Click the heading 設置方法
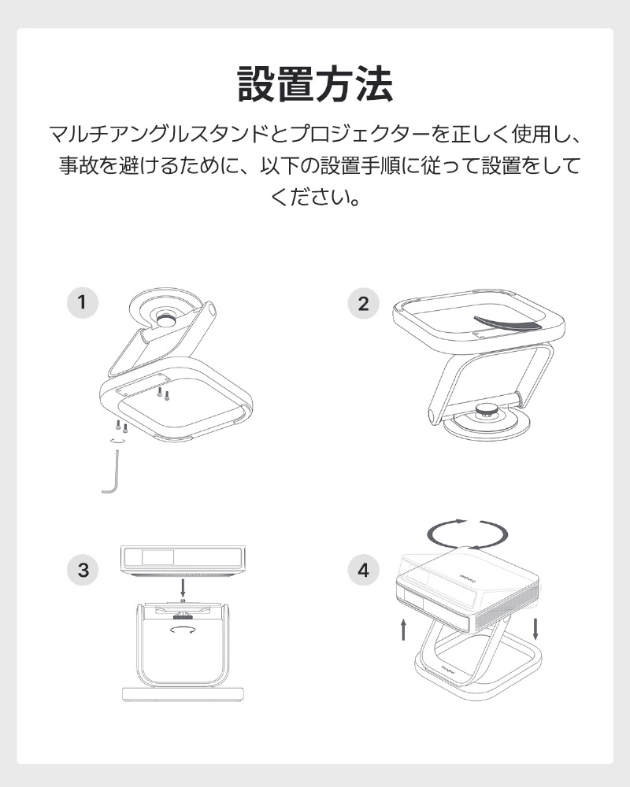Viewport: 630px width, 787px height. click(315, 84)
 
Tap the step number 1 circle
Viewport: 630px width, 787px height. click(83, 303)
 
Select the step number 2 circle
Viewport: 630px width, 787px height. click(363, 303)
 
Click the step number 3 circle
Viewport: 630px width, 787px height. click(83, 570)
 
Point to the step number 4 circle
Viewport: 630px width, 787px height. click(363, 570)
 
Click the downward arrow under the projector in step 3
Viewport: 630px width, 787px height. click(183, 588)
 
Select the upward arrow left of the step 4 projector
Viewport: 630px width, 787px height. click(403, 630)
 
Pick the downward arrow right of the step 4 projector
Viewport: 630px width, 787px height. click(535, 629)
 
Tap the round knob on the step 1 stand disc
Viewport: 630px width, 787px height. click(165, 320)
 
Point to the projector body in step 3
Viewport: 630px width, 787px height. click(183, 560)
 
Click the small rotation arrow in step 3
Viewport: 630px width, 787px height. click(183, 630)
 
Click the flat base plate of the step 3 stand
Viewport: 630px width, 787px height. click(183, 694)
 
